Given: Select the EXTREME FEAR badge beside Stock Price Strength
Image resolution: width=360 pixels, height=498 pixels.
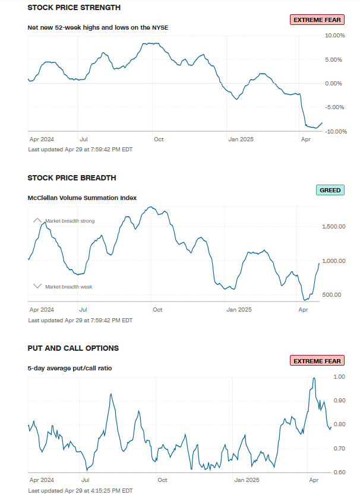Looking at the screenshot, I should click(x=317, y=20).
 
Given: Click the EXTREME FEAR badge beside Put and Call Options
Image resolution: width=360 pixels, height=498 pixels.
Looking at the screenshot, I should click(x=317, y=361).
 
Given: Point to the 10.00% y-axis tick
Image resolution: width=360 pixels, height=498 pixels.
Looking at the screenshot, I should click(x=334, y=36).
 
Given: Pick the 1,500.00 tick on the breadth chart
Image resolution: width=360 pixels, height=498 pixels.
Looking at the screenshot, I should click(x=333, y=227).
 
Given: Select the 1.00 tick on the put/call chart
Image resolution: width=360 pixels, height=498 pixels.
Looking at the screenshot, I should click(x=339, y=377).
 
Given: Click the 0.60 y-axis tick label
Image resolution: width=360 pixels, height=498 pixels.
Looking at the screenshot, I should click(x=339, y=472).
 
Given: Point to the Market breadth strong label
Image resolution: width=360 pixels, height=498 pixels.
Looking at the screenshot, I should click(x=70, y=221).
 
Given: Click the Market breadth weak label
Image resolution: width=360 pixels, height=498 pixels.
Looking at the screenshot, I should click(x=68, y=287).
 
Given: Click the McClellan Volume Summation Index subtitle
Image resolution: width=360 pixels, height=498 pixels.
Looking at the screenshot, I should click(x=82, y=198).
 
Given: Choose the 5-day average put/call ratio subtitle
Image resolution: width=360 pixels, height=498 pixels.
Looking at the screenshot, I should click(x=70, y=368).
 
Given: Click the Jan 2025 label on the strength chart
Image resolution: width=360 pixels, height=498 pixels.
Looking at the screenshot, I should click(x=241, y=139).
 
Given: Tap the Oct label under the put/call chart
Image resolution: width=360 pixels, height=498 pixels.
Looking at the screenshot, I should click(x=162, y=480).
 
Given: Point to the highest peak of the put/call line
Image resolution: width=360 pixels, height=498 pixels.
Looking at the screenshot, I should click(x=314, y=378).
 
